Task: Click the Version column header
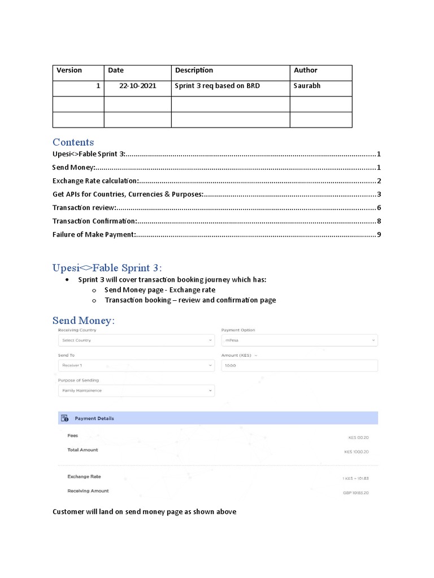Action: click(x=69, y=71)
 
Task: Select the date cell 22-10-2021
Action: click(x=138, y=86)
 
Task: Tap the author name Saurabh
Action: click(x=307, y=86)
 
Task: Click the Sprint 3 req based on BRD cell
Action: click(x=217, y=86)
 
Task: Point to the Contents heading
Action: click(x=73, y=142)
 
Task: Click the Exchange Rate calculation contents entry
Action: click(x=96, y=181)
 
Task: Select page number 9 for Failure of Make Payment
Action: click(x=379, y=235)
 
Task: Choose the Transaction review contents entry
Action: click(x=84, y=208)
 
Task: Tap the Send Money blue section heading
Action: click(x=83, y=321)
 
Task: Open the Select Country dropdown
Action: click(x=136, y=340)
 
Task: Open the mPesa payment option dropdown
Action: click(x=299, y=340)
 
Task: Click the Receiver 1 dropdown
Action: click(x=136, y=366)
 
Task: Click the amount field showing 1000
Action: click(x=299, y=366)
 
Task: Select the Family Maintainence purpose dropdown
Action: click(x=136, y=391)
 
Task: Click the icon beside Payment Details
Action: click(x=66, y=419)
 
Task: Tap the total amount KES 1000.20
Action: click(x=356, y=452)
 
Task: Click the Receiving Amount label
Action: click(x=88, y=491)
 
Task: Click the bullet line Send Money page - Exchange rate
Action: click(x=159, y=290)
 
